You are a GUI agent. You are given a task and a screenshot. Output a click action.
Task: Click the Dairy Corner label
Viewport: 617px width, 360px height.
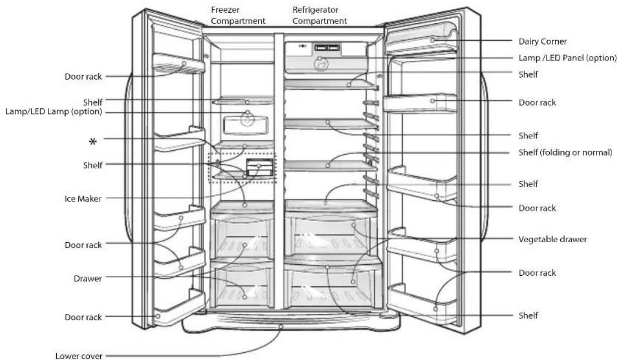coord(542,41)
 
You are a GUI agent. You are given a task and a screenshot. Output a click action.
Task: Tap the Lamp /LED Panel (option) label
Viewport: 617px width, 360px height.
coord(567,58)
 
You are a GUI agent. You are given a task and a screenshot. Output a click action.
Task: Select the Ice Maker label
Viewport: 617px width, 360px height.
coord(83,199)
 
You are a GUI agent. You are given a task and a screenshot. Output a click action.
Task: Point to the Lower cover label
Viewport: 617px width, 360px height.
coord(79,356)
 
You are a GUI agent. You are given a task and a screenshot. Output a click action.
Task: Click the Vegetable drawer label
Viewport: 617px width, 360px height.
coord(553,239)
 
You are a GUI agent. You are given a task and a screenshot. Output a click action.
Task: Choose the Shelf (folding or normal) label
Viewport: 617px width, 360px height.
coord(565,152)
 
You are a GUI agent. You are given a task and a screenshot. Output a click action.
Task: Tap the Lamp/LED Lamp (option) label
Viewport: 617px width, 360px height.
coord(53,112)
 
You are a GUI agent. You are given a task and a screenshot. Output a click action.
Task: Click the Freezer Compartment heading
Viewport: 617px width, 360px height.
coord(238,15)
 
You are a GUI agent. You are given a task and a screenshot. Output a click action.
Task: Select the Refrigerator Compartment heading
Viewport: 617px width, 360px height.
coord(320,15)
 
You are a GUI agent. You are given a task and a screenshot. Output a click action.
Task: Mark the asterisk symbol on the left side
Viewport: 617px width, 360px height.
coord(93,141)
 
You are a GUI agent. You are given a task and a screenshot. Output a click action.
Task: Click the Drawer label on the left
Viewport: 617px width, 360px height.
coord(88,279)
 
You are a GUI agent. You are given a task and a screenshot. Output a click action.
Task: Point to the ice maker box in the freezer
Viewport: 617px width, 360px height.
coord(259,167)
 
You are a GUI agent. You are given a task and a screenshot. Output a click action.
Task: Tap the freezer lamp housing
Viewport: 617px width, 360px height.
coord(246,125)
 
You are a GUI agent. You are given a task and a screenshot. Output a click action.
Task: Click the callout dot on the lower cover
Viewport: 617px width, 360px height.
coord(281,326)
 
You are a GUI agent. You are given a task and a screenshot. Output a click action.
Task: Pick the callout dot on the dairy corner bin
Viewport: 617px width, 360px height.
coord(432,40)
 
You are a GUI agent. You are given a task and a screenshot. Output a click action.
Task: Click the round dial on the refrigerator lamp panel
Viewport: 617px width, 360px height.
coord(321,64)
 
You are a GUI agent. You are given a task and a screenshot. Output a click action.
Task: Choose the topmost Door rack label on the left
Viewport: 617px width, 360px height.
coord(83,77)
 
